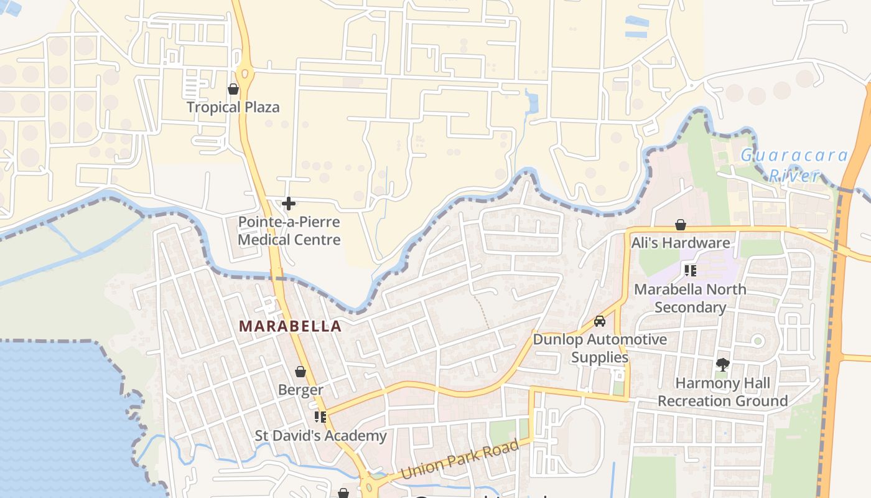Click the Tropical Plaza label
233,107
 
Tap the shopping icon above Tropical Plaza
233,90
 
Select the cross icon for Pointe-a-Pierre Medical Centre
289,203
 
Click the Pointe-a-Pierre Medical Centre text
289,231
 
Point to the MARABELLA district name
291,326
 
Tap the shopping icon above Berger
300,372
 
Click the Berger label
300,390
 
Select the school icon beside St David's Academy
320,416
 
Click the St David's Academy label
320,436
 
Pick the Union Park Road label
460,460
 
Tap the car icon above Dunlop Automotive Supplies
600,321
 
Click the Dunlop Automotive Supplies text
600,348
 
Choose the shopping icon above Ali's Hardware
681,224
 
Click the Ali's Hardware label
681,243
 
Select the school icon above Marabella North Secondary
690,270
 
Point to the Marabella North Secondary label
690,298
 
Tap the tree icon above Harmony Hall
722,364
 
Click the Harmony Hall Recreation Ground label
722,392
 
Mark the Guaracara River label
794,165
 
